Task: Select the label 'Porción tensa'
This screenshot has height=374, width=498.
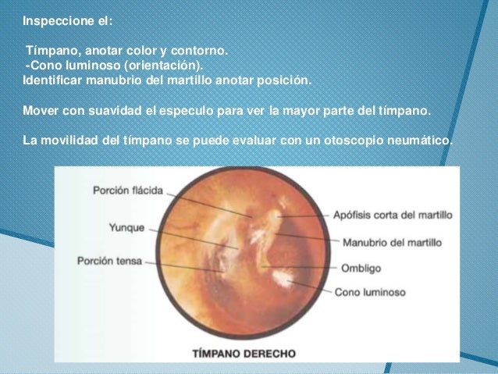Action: (110, 261)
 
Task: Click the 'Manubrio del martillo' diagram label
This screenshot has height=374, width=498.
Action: (392, 242)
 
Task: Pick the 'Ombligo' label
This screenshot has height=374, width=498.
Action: (361, 268)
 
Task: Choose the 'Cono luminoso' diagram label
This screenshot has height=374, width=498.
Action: (369, 293)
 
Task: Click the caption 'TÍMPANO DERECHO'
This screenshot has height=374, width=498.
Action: (244, 353)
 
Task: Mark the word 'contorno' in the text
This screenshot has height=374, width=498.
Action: (201, 52)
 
